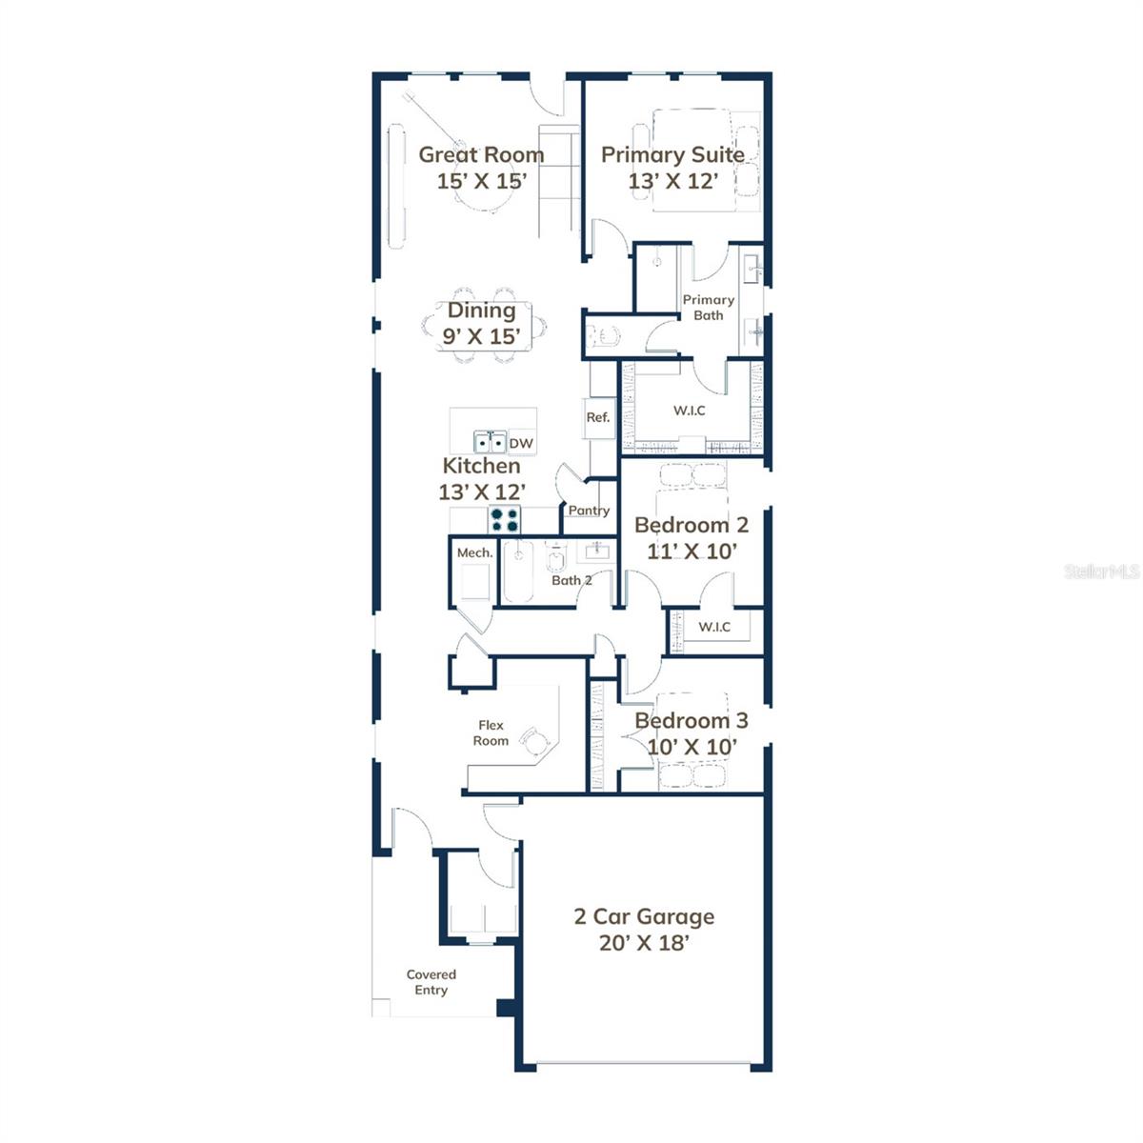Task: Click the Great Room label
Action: (x=481, y=154)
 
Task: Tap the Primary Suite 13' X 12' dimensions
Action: (x=672, y=181)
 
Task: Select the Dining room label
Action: (x=482, y=311)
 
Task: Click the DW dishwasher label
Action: (x=521, y=443)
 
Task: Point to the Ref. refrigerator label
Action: (x=597, y=417)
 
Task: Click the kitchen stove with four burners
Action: (x=505, y=520)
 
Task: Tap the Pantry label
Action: (x=589, y=511)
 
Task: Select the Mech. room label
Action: (x=474, y=552)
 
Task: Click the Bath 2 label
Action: (x=571, y=580)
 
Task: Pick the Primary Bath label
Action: (x=708, y=308)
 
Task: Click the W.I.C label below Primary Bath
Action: (x=689, y=411)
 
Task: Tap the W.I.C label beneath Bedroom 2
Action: (x=714, y=626)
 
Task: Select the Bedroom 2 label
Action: (x=691, y=525)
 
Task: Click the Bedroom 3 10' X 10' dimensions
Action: (x=692, y=747)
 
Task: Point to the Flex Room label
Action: (x=491, y=732)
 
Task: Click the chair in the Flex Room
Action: (x=539, y=741)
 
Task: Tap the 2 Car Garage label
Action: (x=644, y=916)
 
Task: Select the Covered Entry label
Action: (x=431, y=982)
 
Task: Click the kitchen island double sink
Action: (x=491, y=443)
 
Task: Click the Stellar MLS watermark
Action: (x=1102, y=571)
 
